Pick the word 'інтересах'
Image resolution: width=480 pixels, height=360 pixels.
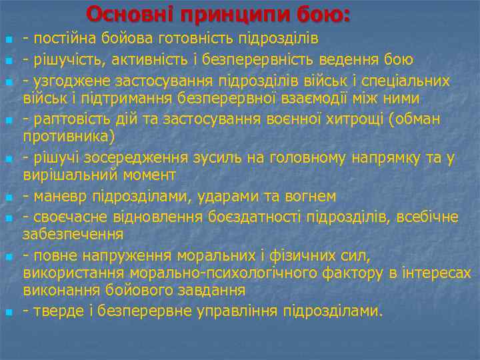pyautogui.click(x=440, y=273)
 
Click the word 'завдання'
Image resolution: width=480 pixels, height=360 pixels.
pyautogui.click(x=215, y=291)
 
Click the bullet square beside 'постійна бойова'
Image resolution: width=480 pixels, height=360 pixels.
pyautogui.click(x=7, y=38)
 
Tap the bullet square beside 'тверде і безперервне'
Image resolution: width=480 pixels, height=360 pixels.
pyautogui.click(x=7, y=312)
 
